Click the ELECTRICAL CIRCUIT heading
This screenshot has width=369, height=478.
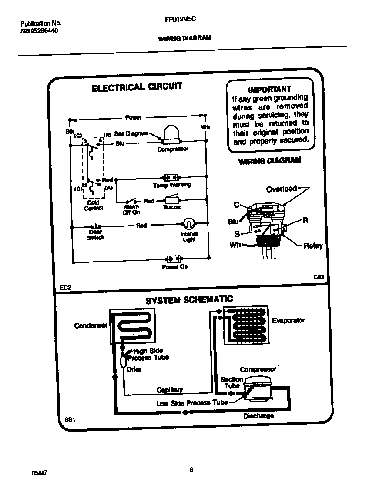click(137, 87)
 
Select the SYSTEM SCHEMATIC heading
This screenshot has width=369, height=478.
click(189, 300)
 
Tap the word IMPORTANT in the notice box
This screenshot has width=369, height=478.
click(269, 89)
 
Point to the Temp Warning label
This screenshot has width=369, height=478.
click(172, 185)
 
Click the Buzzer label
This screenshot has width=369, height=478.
click(172, 207)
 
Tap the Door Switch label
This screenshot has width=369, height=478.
click(96, 235)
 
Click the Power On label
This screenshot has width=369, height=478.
click(174, 266)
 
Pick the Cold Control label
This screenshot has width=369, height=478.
click(93, 205)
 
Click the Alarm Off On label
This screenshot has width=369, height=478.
click(131, 209)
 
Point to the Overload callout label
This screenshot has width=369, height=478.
click(281, 189)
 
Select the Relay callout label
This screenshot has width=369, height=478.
click(313, 246)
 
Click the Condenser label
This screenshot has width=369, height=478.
click(91, 325)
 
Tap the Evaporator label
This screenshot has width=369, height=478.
click(288, 320)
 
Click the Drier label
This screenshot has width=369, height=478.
click(134, 369)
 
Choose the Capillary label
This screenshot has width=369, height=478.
click(169, 389)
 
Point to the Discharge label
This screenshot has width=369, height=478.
click(258, 415)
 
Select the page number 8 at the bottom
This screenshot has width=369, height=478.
click(191, 469)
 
